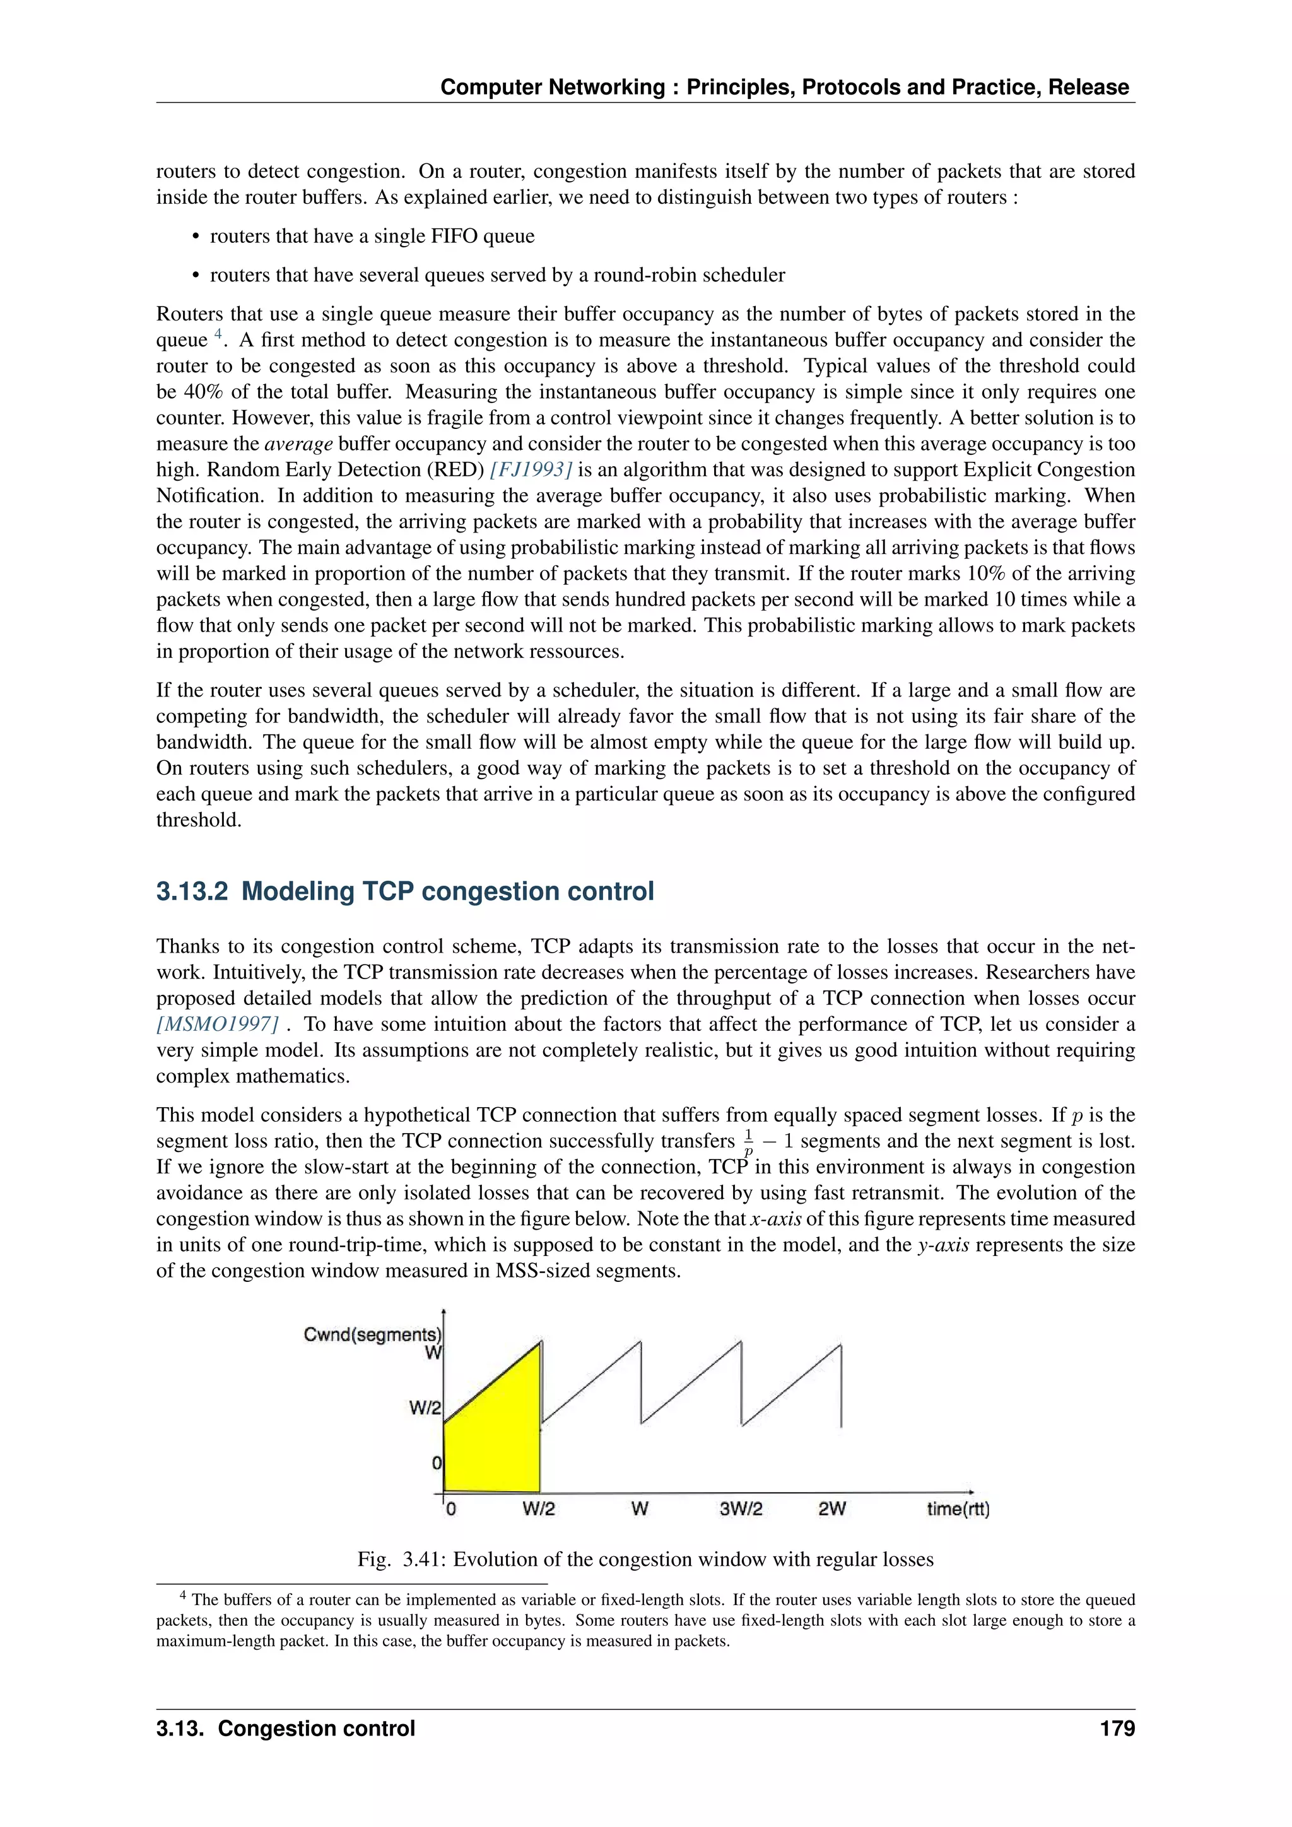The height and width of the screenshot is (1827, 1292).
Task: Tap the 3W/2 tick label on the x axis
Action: pyautogui.click(x=740, y=1508)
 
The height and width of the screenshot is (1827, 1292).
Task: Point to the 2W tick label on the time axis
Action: pyautogui.click(x=831, y=1508)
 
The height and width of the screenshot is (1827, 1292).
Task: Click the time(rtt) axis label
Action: pyautogui.click(x=957, y=1508)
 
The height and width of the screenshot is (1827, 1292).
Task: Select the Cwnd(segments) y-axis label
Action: pyautogui.click(x=372, y=1334)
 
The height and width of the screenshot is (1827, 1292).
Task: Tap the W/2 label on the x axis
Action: pyautogui.click(x=539, y=1508)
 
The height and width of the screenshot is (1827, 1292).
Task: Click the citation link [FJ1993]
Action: pyautogui.click(x=531, y=469)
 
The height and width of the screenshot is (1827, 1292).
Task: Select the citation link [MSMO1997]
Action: pyautogui.click(x=217, y=1024)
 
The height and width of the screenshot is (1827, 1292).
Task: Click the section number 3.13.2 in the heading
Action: pyautogui.click(x=191, y=891)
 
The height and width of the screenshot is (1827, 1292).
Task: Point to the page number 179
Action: pyautogui.click(x=1117, y=1729)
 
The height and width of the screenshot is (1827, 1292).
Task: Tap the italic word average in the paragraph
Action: pyautogui.click(x=298, y=444)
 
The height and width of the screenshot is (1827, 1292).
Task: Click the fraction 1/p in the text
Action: pyautogui.click(x=748, y=1142)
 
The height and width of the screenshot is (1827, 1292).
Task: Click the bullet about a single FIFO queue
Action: pyautogui.click(x=372, y=237)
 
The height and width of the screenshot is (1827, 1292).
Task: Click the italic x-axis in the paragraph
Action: pyautogui.click(x=776, y=1219)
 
